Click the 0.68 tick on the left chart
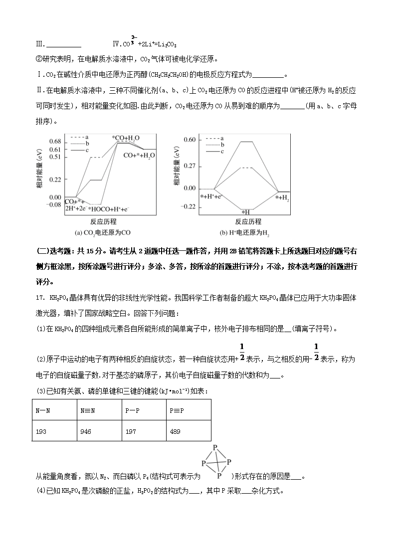(x=55, y=142)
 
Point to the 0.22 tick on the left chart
(x=55, y=179)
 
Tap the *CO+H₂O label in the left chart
(x=125, y=138)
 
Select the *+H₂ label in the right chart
(x=282, y=198)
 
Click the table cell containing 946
(x=85, y=431)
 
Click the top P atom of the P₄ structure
(x=215, y=447)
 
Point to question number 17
(x=41, y=299)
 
